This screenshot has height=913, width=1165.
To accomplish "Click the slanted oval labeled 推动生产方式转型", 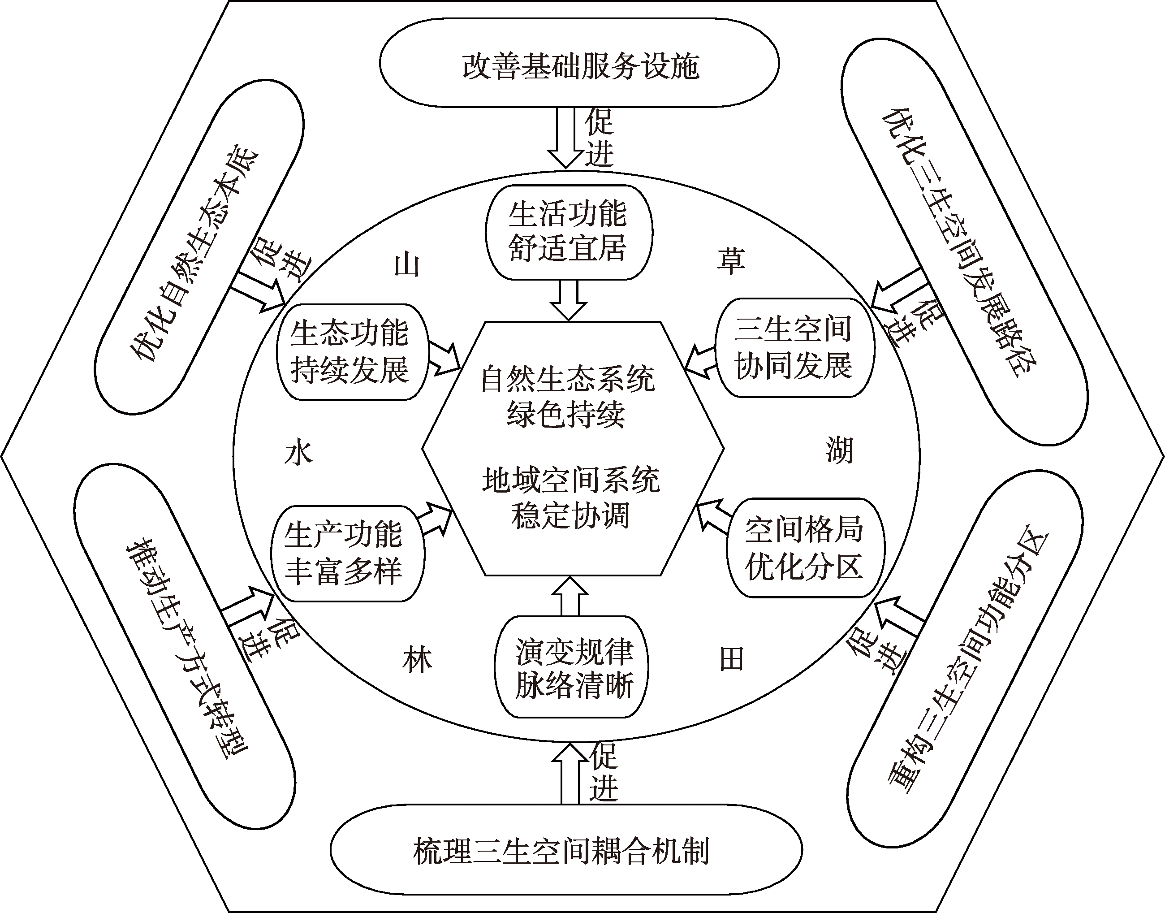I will (184, 647).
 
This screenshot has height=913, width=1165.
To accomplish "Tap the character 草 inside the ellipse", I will (730, 261).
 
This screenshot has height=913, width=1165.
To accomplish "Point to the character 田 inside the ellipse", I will (732, 659).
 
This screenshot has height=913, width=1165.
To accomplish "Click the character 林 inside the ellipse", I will (417, 661).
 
